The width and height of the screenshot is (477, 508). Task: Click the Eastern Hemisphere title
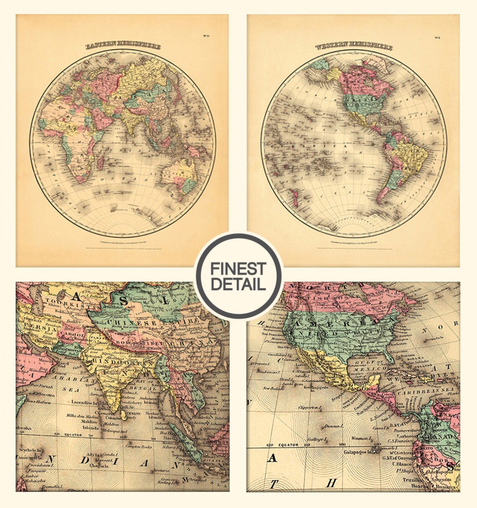pos(123,46)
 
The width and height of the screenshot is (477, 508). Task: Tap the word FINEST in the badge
pos(238,269)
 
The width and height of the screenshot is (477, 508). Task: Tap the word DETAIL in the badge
pos(238,284)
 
